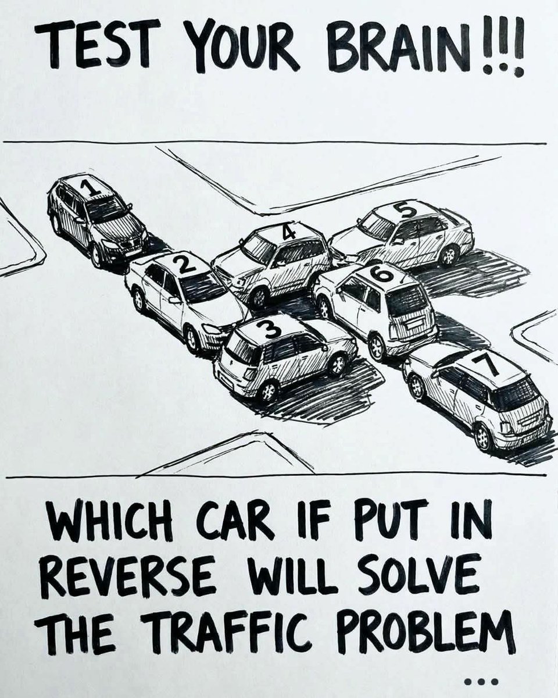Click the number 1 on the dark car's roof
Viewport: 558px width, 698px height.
click(89, 189)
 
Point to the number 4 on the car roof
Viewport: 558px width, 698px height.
click(288, 232)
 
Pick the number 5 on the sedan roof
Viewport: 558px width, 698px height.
click(405, 210)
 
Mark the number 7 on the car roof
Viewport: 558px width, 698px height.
click(489, 365)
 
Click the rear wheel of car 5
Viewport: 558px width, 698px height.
click(450, 255)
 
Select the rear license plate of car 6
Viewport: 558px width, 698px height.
click(415, 324)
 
